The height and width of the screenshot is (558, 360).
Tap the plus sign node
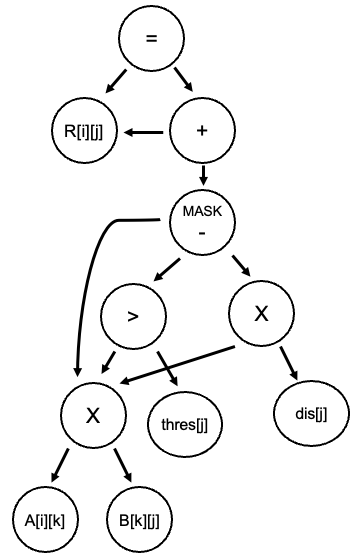pos(203,131)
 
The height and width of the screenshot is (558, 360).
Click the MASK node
pos(203,221)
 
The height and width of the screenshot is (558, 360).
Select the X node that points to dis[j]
pos(261,313)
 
